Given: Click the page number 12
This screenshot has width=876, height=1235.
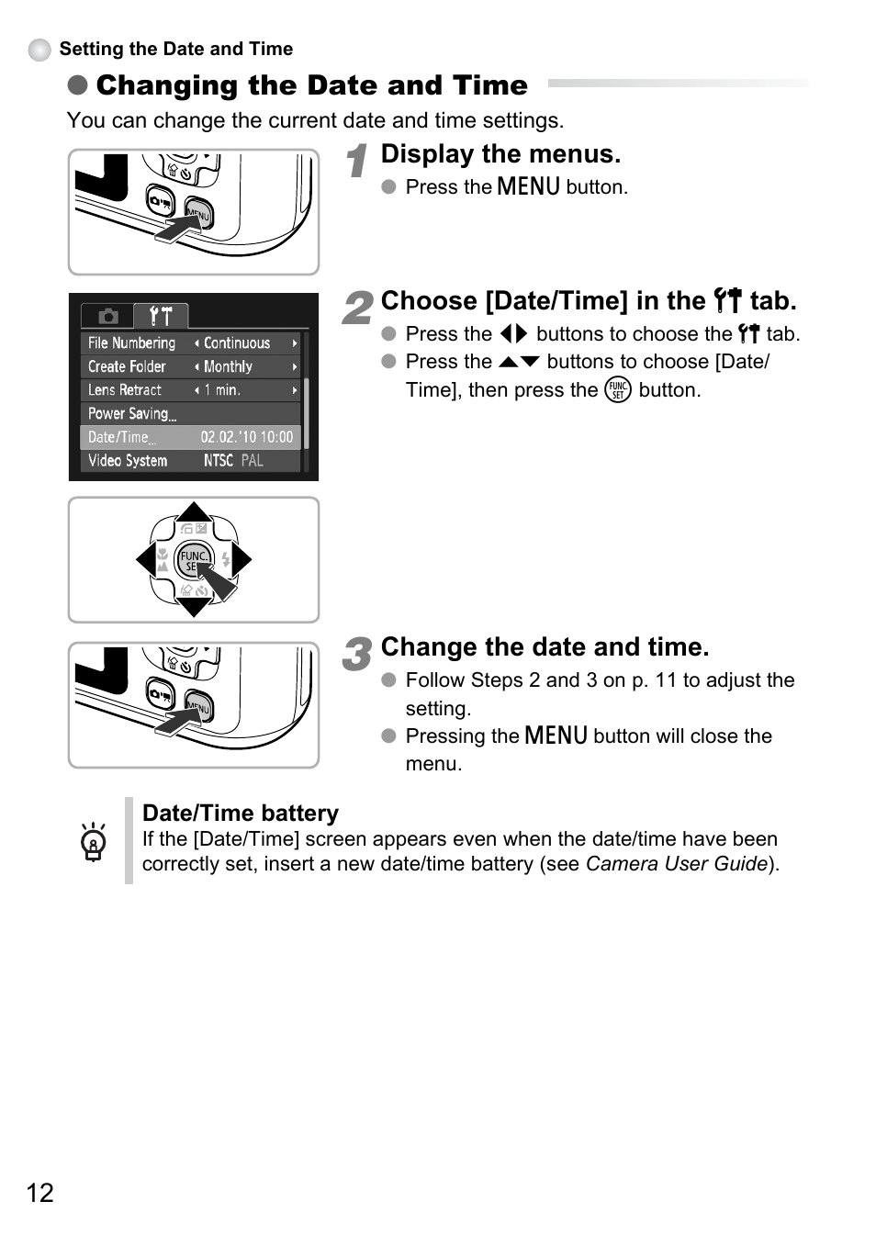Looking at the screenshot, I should click(x=39, y=1192).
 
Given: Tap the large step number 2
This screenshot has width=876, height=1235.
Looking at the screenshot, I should click(x=357, y=308).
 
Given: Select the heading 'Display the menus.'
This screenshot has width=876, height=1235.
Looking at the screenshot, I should click(x=500, y=154).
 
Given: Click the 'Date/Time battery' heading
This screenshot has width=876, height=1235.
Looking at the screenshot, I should click(x=241, y=813).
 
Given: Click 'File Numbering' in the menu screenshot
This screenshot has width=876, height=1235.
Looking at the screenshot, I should click(x=131, y=342).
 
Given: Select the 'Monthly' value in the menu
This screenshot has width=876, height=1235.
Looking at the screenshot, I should click(x=228, y=366).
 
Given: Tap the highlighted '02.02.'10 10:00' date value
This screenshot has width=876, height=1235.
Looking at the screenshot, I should click(x=246, y=437).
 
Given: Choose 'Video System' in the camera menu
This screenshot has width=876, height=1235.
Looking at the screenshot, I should click(x=128, y=460).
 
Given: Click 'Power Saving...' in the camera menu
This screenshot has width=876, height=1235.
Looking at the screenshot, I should click(x=132, y=413).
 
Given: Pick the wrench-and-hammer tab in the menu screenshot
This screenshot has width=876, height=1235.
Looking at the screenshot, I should click(x=161, y=316).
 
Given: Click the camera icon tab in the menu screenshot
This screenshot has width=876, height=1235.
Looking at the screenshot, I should click(x=108, y=316).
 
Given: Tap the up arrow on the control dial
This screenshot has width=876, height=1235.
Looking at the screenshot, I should click(x=194, y=511).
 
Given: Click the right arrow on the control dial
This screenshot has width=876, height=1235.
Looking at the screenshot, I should click(x=241, y=559).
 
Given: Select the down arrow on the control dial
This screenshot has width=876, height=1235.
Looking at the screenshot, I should click(x=194, y=607).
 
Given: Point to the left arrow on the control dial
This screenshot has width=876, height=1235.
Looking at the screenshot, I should click(x=145, y=559).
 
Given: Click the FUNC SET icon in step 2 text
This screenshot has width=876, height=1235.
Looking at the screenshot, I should click(x=618, y=390).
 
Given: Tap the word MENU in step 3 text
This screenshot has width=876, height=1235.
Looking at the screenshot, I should click(x=556, y=735).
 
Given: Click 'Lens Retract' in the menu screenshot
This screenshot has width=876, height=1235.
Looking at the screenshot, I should click(x=125, y=390).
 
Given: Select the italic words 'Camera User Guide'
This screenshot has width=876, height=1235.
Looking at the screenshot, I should click(x=677, y=864).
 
